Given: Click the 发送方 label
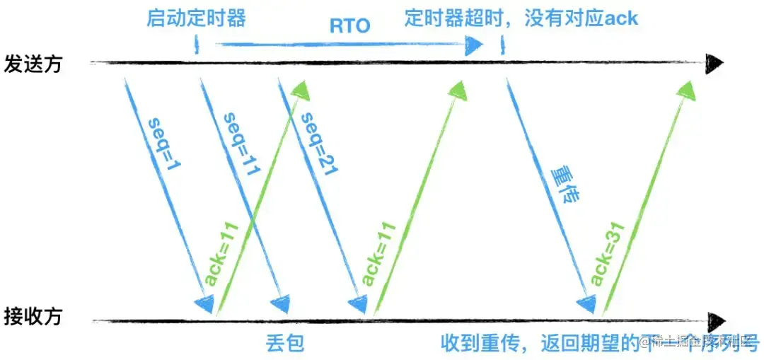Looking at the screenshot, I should click(33, 64).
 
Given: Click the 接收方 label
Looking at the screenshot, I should click(33, 316).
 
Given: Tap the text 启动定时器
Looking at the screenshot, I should click(197, 17).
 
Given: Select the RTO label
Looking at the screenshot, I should click(350, 27).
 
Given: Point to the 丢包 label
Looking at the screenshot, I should click(286, 343).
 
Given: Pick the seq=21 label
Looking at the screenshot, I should click(315, 139).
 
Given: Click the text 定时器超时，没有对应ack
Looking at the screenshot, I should click(521, 17).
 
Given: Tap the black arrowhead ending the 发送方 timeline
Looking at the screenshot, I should click(715, 64).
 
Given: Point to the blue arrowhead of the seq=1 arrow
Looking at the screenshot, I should click(203, 304).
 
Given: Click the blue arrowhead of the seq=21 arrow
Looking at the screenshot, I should click(359, 304).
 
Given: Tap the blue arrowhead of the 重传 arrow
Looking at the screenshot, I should click(586, 304).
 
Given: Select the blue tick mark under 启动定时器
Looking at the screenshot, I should click(196, 47).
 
